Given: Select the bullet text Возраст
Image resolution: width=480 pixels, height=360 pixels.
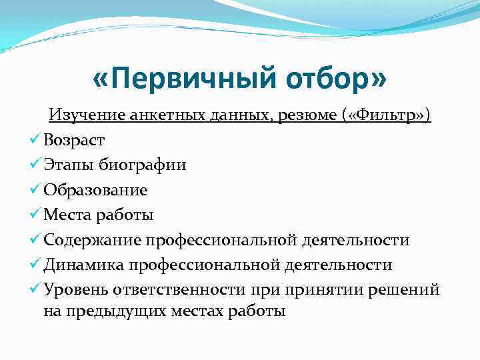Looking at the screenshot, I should pos(73,140).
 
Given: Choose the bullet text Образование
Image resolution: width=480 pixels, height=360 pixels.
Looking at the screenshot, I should pos(95,190).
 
